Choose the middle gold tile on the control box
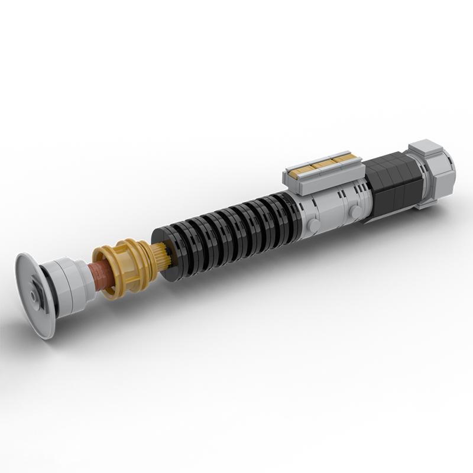[x=323, y=163]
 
